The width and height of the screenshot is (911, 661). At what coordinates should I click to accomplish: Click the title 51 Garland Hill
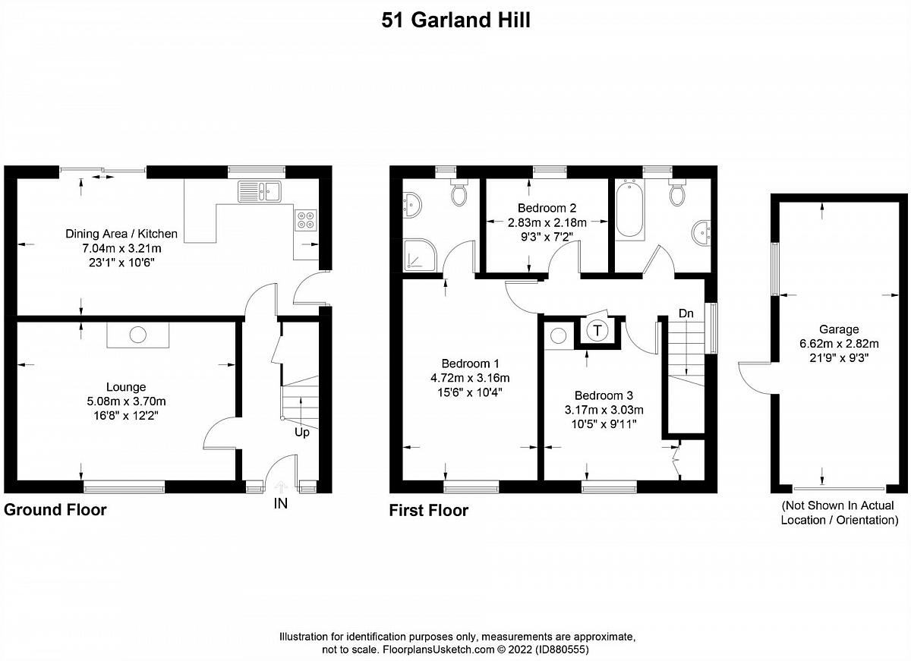pyautogui.click(x=455, y=20)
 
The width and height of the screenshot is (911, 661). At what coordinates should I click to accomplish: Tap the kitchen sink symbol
pyautogui.click(x=259, y=191)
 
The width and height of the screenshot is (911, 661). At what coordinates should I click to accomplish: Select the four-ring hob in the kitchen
pyautogui.click(x=306, y=220)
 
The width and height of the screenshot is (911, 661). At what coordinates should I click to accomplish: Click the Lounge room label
pyautogui.click(x=126, y=386)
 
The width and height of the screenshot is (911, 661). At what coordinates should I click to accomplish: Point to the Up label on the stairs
pyautogui.click(x=302, y=433)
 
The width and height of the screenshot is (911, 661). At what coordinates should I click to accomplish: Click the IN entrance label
pyautogui.click(x=281, y=504)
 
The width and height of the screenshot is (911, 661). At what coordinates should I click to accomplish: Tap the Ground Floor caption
pyautogui.click(x=55, y=510)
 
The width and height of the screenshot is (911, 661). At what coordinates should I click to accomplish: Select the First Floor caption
pyautogui.click(x=429, y=510)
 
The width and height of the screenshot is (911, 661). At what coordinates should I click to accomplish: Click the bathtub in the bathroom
pyautogui.click(x=629, y=209)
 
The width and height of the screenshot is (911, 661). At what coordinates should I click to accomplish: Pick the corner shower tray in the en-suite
pyautogui.click(x=420, y=254)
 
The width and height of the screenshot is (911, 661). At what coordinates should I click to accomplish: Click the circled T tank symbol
pyautogui.click(x=597, y=330)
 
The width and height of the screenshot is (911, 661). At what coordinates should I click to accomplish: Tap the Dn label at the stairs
pyautogui.click(x=686, y=313)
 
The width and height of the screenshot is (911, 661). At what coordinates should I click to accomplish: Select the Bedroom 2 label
pyautogui.click(x=547, y=208)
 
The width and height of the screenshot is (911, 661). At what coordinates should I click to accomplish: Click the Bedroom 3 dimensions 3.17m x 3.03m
pyautogui.click(x=604, y=410)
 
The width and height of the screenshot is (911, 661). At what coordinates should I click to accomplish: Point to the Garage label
pyautogui.click(x=839, y=329)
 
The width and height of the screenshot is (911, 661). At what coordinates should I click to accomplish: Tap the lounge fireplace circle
pyautogui.click(x=138, y=335)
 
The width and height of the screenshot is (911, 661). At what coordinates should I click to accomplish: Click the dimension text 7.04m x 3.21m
pyautogui.click(x=122, y=248)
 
